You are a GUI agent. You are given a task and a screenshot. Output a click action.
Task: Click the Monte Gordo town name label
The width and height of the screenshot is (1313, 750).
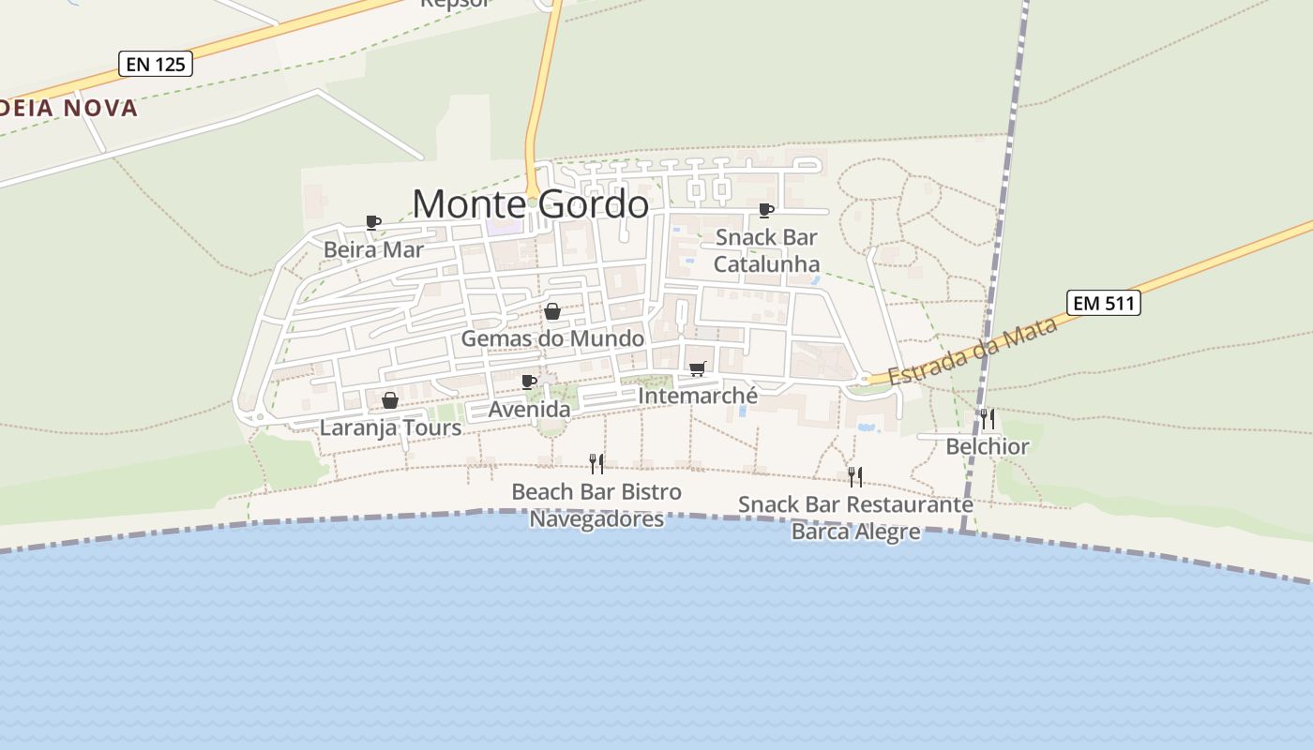[530, 203]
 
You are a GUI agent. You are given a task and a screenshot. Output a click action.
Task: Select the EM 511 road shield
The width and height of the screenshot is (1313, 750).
[1103, 303]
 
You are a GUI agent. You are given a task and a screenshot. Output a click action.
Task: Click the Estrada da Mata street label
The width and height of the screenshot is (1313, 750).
[973, 351]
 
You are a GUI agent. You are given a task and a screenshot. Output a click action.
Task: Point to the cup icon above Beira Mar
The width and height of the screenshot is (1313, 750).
[372, 222]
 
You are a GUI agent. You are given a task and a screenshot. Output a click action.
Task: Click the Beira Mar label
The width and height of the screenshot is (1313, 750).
[373, 249]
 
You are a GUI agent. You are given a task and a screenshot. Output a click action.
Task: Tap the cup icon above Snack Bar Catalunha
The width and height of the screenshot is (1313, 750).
[765, 210]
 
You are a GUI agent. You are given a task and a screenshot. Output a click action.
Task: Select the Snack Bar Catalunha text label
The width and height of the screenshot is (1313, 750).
[766, 250]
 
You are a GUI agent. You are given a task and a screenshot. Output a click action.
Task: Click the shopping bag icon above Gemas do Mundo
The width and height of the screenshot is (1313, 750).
[552, 311]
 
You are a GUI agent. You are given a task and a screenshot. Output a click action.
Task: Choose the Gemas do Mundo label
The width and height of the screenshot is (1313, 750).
[552, 337]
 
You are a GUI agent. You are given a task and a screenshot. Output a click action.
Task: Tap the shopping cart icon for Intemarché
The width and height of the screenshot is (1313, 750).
[697, 368]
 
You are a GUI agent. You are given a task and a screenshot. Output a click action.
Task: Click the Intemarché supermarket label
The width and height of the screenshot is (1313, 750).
[697, 396]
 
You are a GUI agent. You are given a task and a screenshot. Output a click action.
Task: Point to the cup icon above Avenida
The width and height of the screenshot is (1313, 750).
[529, 382]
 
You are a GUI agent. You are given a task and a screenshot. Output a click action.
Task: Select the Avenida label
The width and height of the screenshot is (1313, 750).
[529, 410]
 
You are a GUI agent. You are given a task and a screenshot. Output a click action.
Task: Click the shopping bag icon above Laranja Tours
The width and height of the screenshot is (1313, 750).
[390, 400]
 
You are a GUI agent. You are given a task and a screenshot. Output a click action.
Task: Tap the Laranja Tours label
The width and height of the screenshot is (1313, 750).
[390, 428]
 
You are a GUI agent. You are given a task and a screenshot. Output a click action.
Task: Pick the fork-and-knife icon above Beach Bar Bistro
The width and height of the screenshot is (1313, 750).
[596, 463]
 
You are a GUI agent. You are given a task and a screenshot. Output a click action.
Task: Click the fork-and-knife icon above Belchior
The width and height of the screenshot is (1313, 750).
[987, 418]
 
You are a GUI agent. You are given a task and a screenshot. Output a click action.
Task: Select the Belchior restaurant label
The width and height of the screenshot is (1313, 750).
[987, 446]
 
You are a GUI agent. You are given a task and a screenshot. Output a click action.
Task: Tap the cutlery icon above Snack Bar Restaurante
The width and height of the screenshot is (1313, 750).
[854, 476]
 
